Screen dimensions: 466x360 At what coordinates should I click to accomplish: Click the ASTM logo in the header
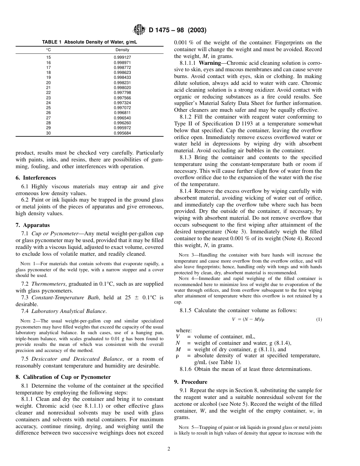(x=140, y=30)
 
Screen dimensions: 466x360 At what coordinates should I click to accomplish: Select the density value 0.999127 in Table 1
(x=122, y=58)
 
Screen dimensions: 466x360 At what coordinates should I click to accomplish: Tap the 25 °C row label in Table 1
(x=49, y=108)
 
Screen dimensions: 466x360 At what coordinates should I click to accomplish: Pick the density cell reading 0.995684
(x=122, y=133)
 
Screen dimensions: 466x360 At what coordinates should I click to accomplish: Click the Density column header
(x=122, y=50)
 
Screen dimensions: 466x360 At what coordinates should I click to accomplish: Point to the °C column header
(x=49, y=50)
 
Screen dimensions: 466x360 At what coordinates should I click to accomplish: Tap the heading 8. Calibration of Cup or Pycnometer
(x=63, y=377)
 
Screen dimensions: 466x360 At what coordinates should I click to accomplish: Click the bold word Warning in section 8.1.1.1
(x=210, y=63)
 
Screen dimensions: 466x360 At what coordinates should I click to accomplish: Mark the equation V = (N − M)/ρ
(x=248, y=319)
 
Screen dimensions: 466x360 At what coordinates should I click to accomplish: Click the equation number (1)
(x=319, y=319)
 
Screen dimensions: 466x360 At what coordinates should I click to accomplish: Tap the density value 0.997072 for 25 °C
(x=122, y=108)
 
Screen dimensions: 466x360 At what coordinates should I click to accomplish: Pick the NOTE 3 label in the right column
(x=186, y=255)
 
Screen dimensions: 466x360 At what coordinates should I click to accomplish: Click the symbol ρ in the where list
(x=177, y=356)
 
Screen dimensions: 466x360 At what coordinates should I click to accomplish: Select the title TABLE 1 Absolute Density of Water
(x=89, y=42)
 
